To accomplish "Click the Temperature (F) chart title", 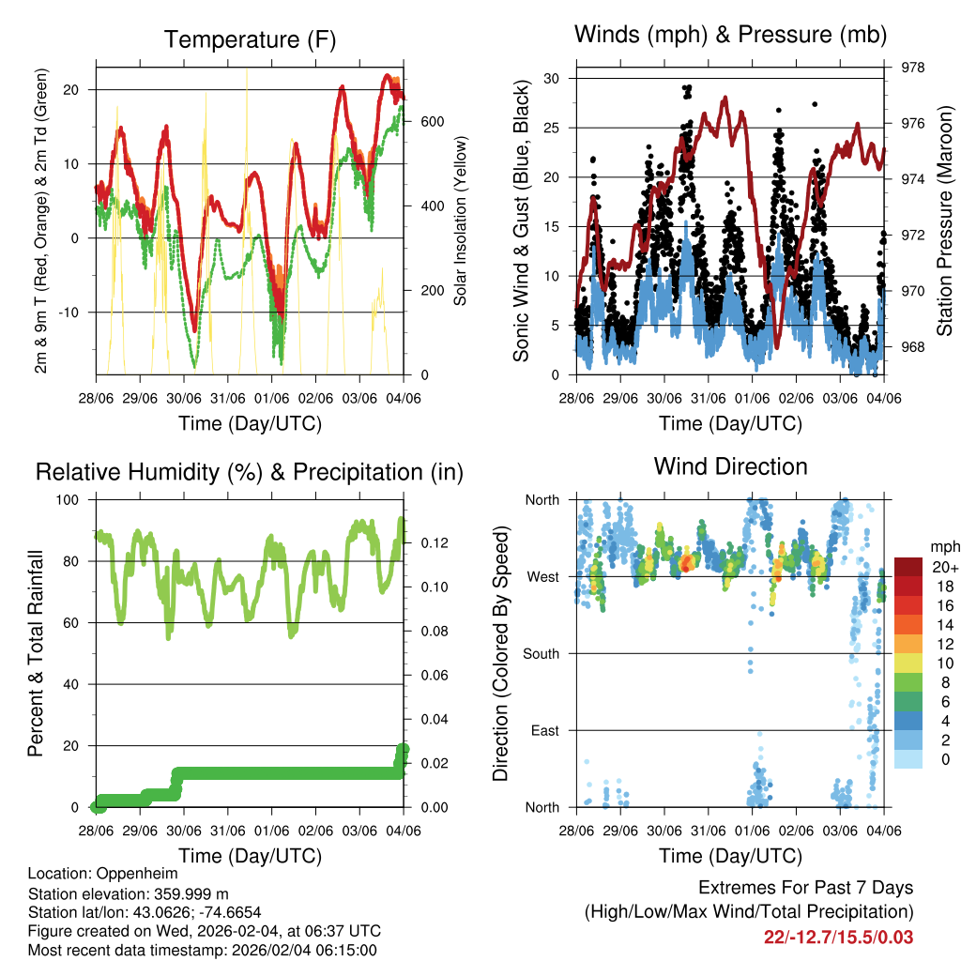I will [x=250, y=39].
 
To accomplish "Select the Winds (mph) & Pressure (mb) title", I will [x=730, y=36].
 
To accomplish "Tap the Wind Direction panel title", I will [x=730, y=466].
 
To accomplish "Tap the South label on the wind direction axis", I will [x=542, y=653].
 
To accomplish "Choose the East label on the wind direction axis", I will [x=545, y=730].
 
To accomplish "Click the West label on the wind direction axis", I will [x=542, y=576].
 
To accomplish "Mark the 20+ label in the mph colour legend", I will [x=942, y=567].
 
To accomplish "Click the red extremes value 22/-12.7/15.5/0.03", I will [x=839, y=937].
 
